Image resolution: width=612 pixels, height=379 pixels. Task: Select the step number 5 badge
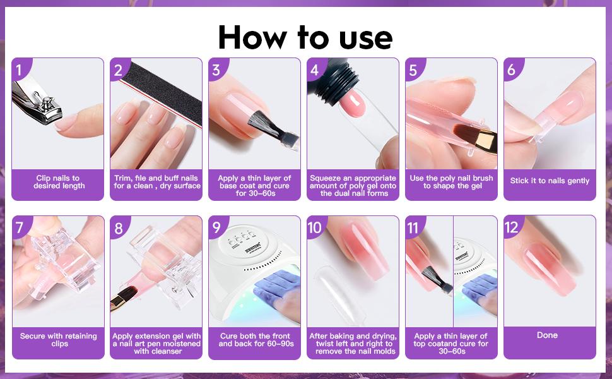413,69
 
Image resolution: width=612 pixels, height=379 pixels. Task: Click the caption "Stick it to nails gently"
550,181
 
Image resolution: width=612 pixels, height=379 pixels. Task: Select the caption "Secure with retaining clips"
58,340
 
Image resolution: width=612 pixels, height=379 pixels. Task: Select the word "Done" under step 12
547,335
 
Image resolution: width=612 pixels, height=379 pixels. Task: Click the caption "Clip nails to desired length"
58,182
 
